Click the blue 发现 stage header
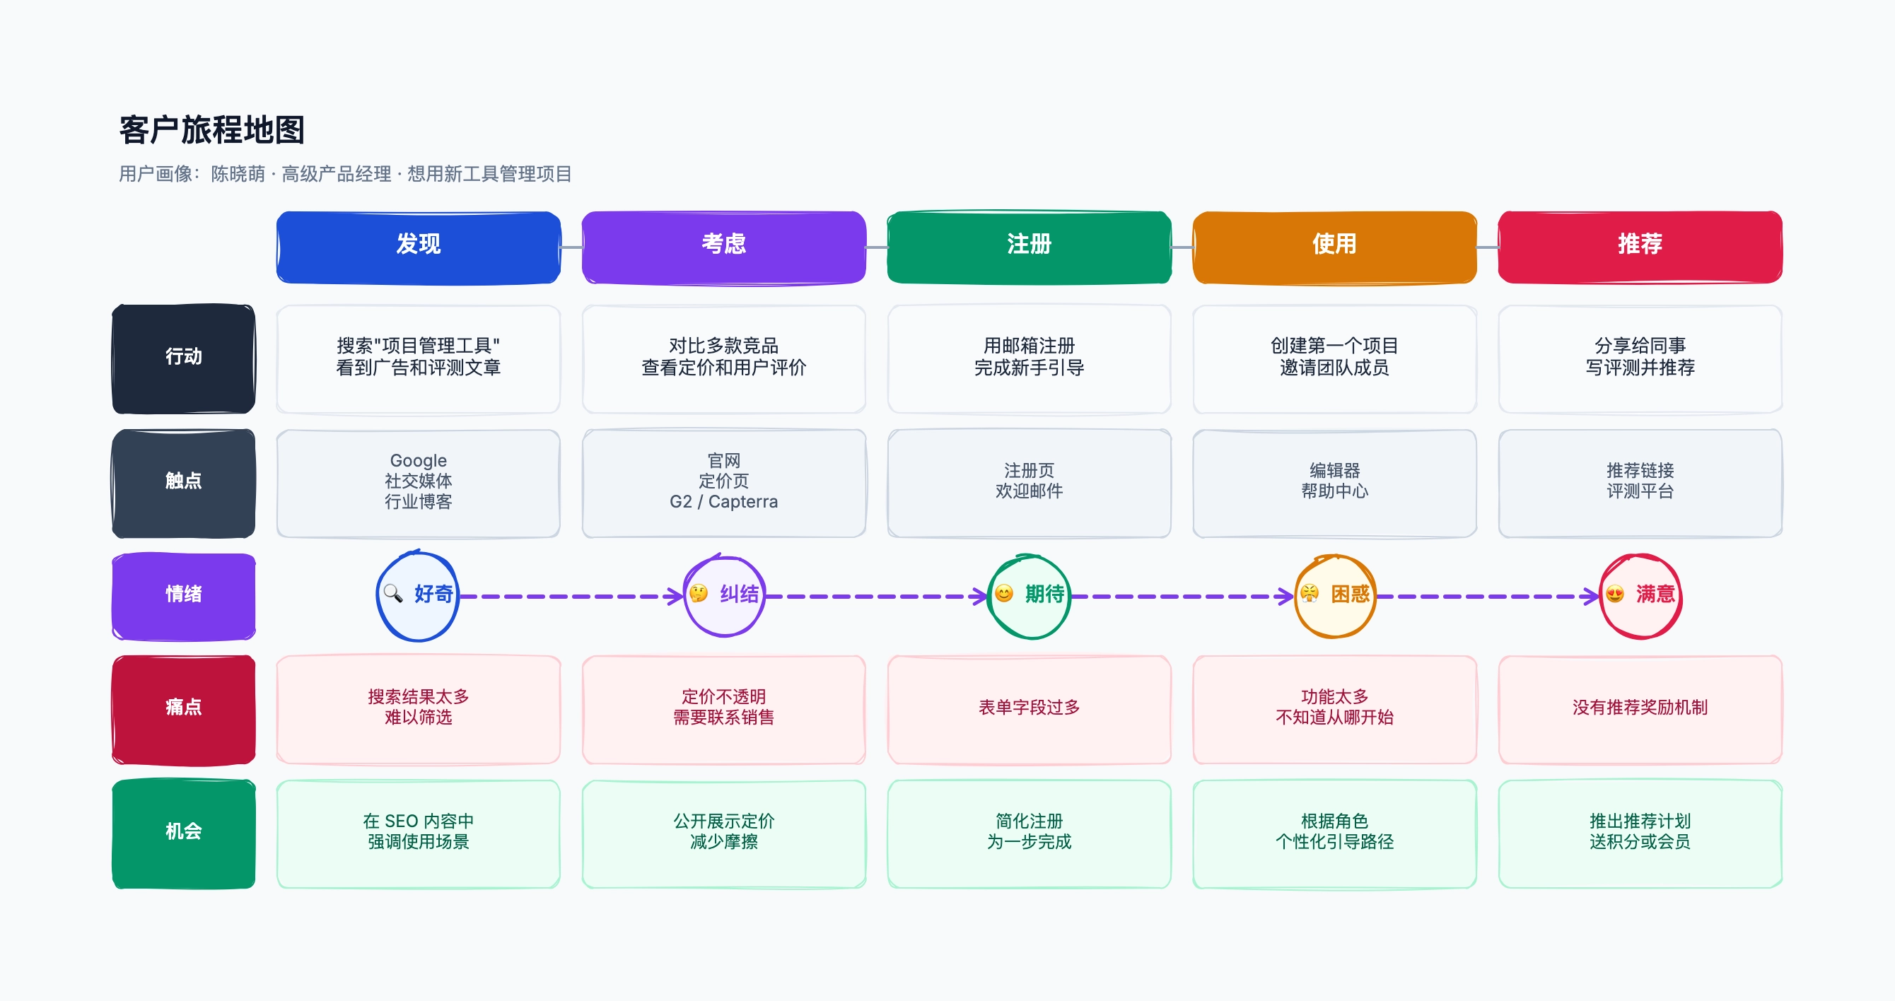tap(419, 247)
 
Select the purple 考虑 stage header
tap(724, 247)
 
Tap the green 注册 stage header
tap(1029, 247)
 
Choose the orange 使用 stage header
tap(1334, 247)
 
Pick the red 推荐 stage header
tap(1640, 247)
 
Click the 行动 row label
tap(184, 359)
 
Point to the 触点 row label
tap(184, 484)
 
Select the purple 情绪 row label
tap(184, 596)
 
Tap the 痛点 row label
tap(184, 710)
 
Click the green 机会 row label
tap(184, 834)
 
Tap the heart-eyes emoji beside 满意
tap(1615, 595)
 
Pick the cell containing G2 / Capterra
tap(724, 484)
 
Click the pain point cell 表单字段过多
tap(1029, 710)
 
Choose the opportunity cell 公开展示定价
tap(724, 834)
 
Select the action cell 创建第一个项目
tap(1334, 359)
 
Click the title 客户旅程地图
tap(212, 130)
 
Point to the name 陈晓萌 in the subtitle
tap(238, 175)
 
